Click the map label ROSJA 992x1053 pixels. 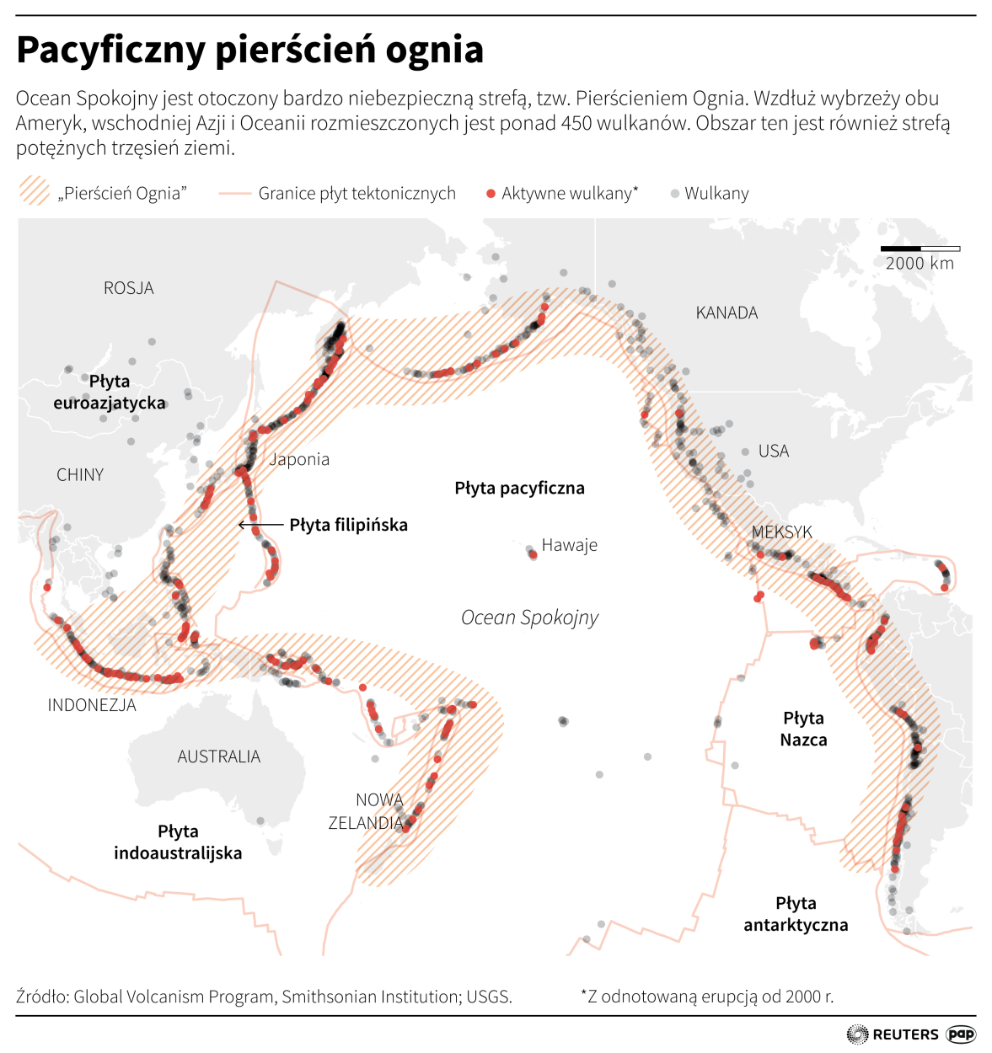click(x=129, y=288)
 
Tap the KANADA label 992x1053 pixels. click(x=727, y=313)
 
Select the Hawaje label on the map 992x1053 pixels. click(x=569, y=545)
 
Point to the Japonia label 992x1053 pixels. click(x=299, y=459)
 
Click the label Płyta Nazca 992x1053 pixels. click(x=803, y=729)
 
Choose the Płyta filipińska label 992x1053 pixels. click(x=348, y=525)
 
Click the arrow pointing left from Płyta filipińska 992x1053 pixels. click(x=260, y=525)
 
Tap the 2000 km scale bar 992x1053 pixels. click(x=920, y=249)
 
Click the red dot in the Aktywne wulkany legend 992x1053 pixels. click(x=491, y=194)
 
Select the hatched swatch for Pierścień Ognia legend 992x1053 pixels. click(x=35, y=191)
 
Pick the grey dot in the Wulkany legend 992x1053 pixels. click(x=674, y=194)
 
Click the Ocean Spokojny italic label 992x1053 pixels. click(x=529, y=617)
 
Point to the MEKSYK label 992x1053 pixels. click(x=781, y=532)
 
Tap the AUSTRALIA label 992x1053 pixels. click(x=218, y=756)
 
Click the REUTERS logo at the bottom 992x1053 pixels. click(x=893, y=1034)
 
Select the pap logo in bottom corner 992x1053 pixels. click(x=961, y=1034)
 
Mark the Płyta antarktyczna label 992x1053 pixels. click(x=796, y=914)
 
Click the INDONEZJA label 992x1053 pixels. click(x=92, y=705)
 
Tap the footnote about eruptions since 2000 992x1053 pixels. click(x=706, y=997)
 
